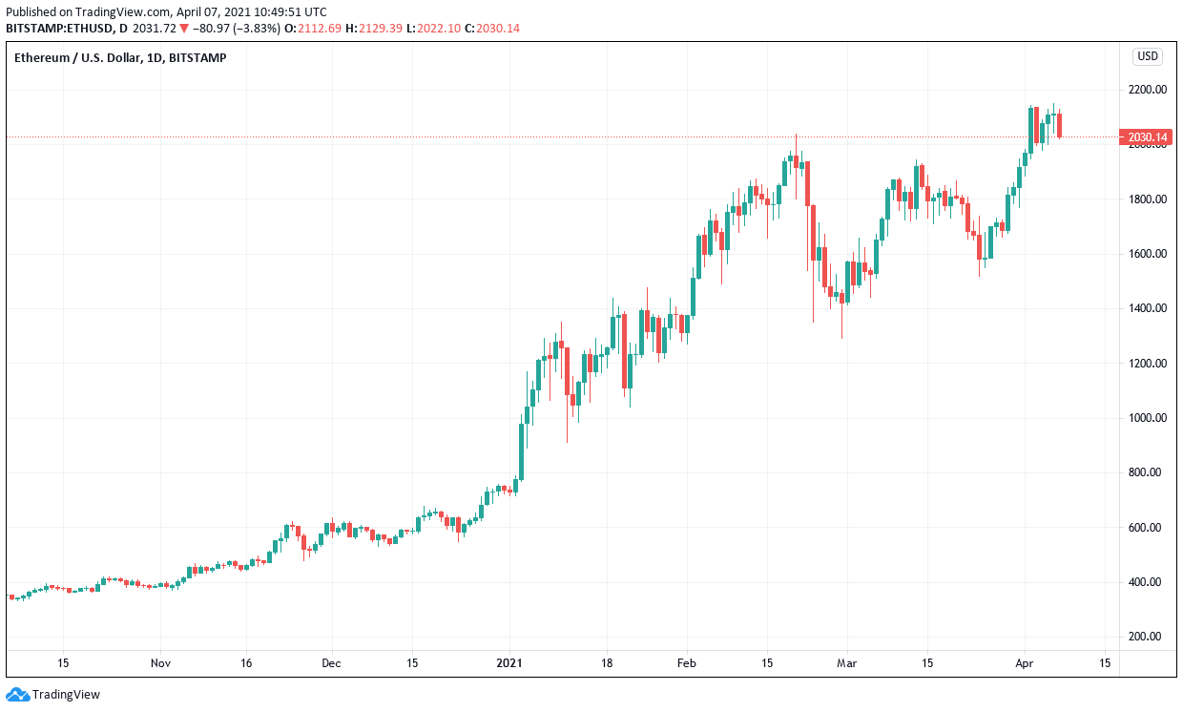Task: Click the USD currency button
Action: pyautogui.click(x=1147, y=56)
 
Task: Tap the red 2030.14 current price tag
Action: pyautogui.click(x=1147, y=137)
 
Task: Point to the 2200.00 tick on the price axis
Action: pyautogui.click(x=1147, y=90)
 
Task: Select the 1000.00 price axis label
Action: pyautogui.click(x=1147, y=418)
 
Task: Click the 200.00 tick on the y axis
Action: pyautogui.click(x=1147, y=637)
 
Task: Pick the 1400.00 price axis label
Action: pyautogui.click(x=1147, y=308)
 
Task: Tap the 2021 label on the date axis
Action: pyautogui.click(x=510, y=662)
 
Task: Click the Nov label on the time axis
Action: pyautogui.click(x=160, y=662)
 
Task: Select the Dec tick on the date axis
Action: pyautogui.click(x=331, y=662)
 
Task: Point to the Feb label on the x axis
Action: pyautogui.click(x=687, y=662)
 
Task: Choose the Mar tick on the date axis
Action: pyautogui.click(x=846, y=662)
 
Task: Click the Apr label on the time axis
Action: pyautogui.click(x=1025, y=662)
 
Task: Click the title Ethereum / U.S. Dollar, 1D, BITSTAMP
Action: pyautogui.click(x=120, y=57)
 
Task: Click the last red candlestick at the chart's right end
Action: pyautogui.click(x=1059, y=124)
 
